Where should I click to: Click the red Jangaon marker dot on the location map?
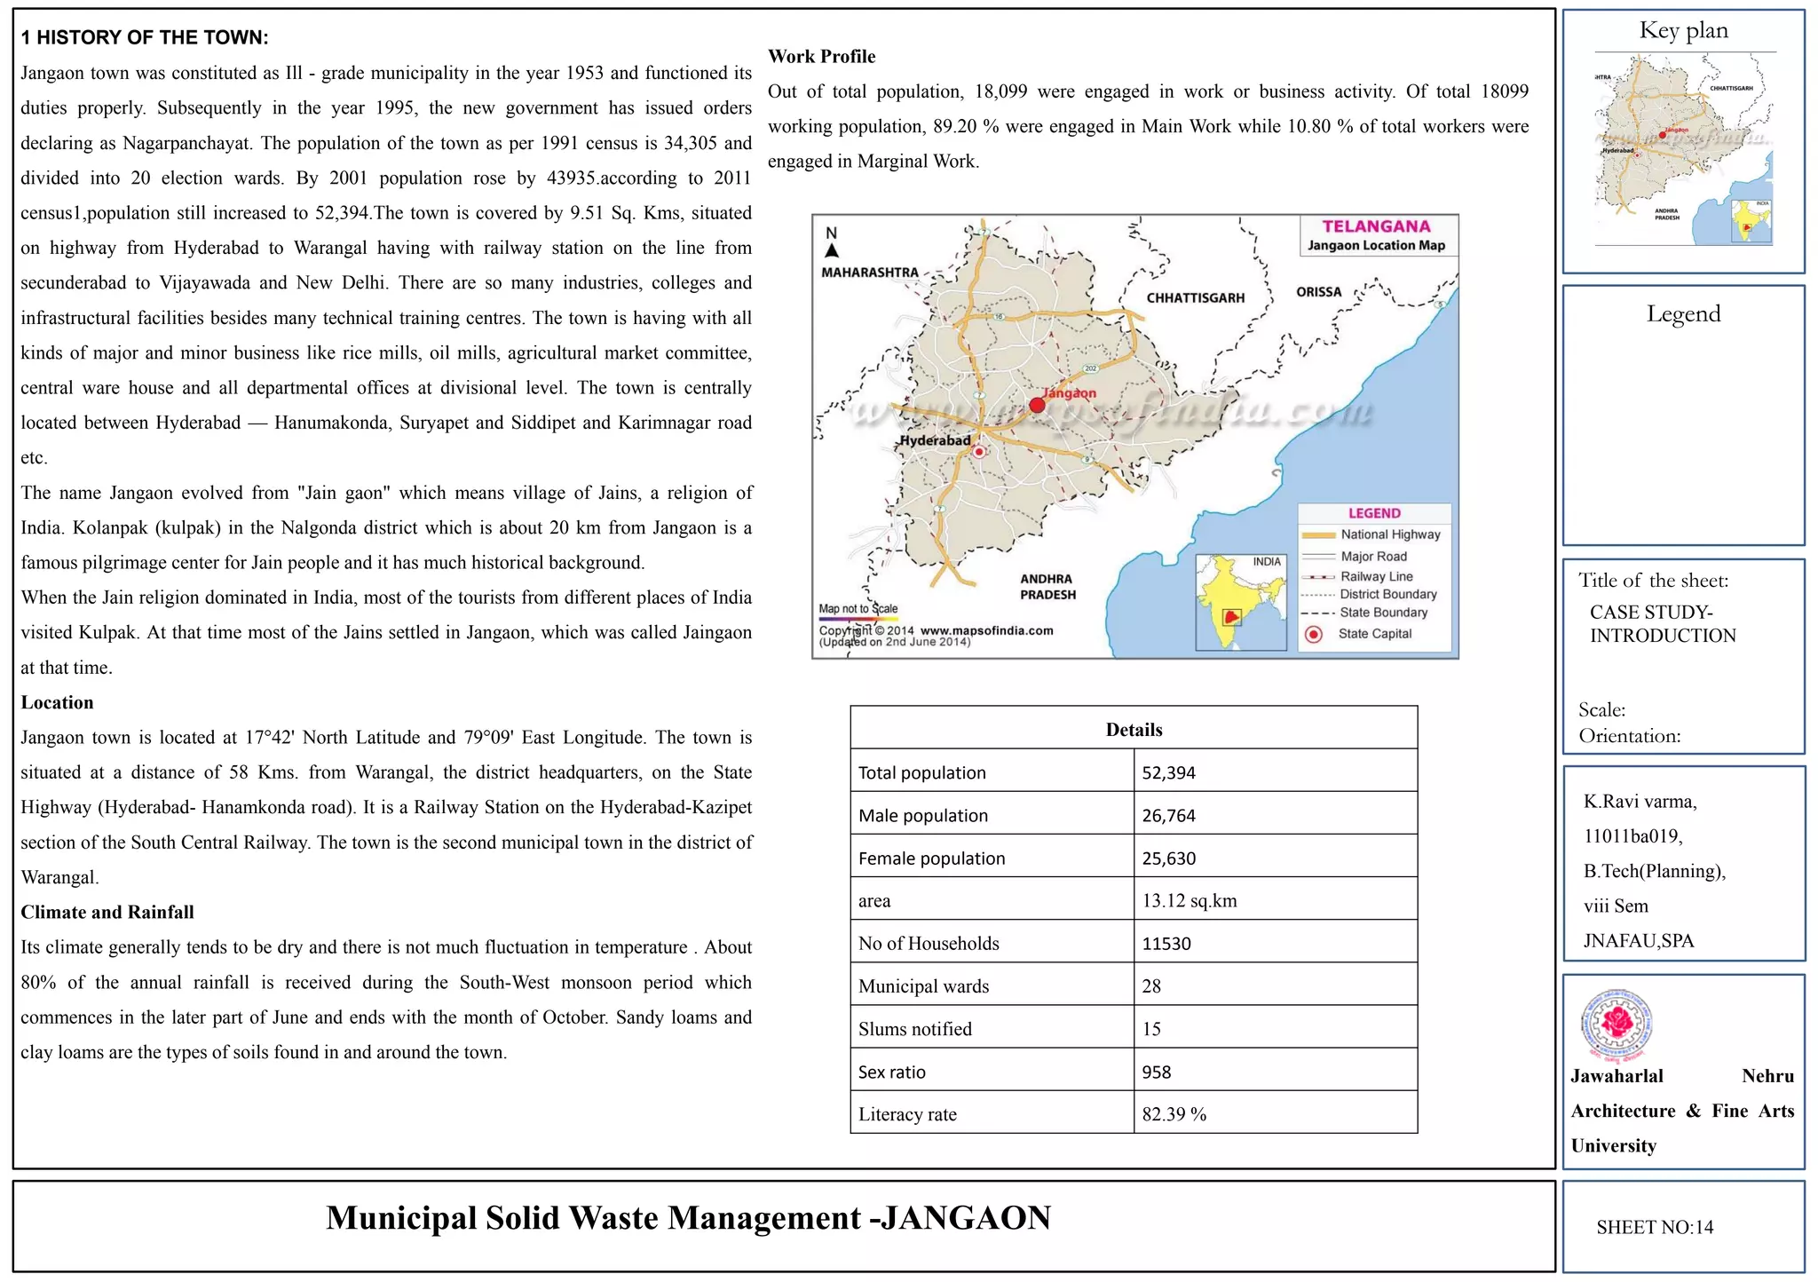pos(1037,406)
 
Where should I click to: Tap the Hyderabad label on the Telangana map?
pos(935,440)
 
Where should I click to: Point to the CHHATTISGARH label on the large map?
pos(1195,298)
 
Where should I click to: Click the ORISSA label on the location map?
pos(1318,292)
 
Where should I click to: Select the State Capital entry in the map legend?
pos(1373,634)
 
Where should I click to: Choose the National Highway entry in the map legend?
pos(1389,534)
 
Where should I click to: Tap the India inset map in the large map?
pos(1240,603)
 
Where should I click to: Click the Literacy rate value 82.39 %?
pos(1174,1114)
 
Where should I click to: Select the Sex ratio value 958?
pos(1156,1072)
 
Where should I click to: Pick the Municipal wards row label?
pos(923,986)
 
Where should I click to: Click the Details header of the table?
pos(1134,730)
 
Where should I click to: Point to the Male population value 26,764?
pos(1168,815)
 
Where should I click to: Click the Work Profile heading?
pos(821,57)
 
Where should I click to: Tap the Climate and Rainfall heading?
pos(107,912)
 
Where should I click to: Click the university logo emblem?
pos(1616,1024)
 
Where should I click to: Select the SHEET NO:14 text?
pos(1655,1227)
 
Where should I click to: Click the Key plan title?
pos(1683,30)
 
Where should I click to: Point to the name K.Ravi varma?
pos(1640,802)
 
